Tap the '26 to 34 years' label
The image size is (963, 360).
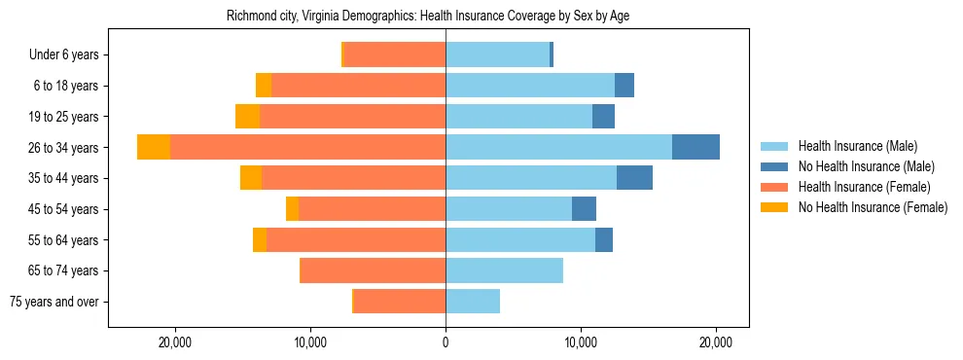(64, 148)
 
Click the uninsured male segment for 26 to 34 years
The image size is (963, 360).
(695, 147)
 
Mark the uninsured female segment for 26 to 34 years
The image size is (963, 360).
(154, 147)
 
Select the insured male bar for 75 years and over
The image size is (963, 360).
(473, 302)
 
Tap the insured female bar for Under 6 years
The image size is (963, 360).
(395, 55)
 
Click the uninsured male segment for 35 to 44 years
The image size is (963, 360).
(634, 178)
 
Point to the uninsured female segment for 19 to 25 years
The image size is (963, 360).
(247, 117)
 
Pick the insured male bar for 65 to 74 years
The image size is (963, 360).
(504, 270)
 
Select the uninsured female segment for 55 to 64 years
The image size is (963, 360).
(260, 239)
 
